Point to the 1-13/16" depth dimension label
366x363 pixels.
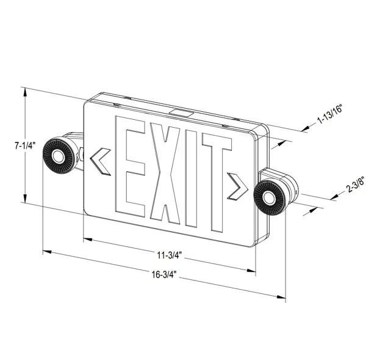point(329,116)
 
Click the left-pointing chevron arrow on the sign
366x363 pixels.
point(99,160)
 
